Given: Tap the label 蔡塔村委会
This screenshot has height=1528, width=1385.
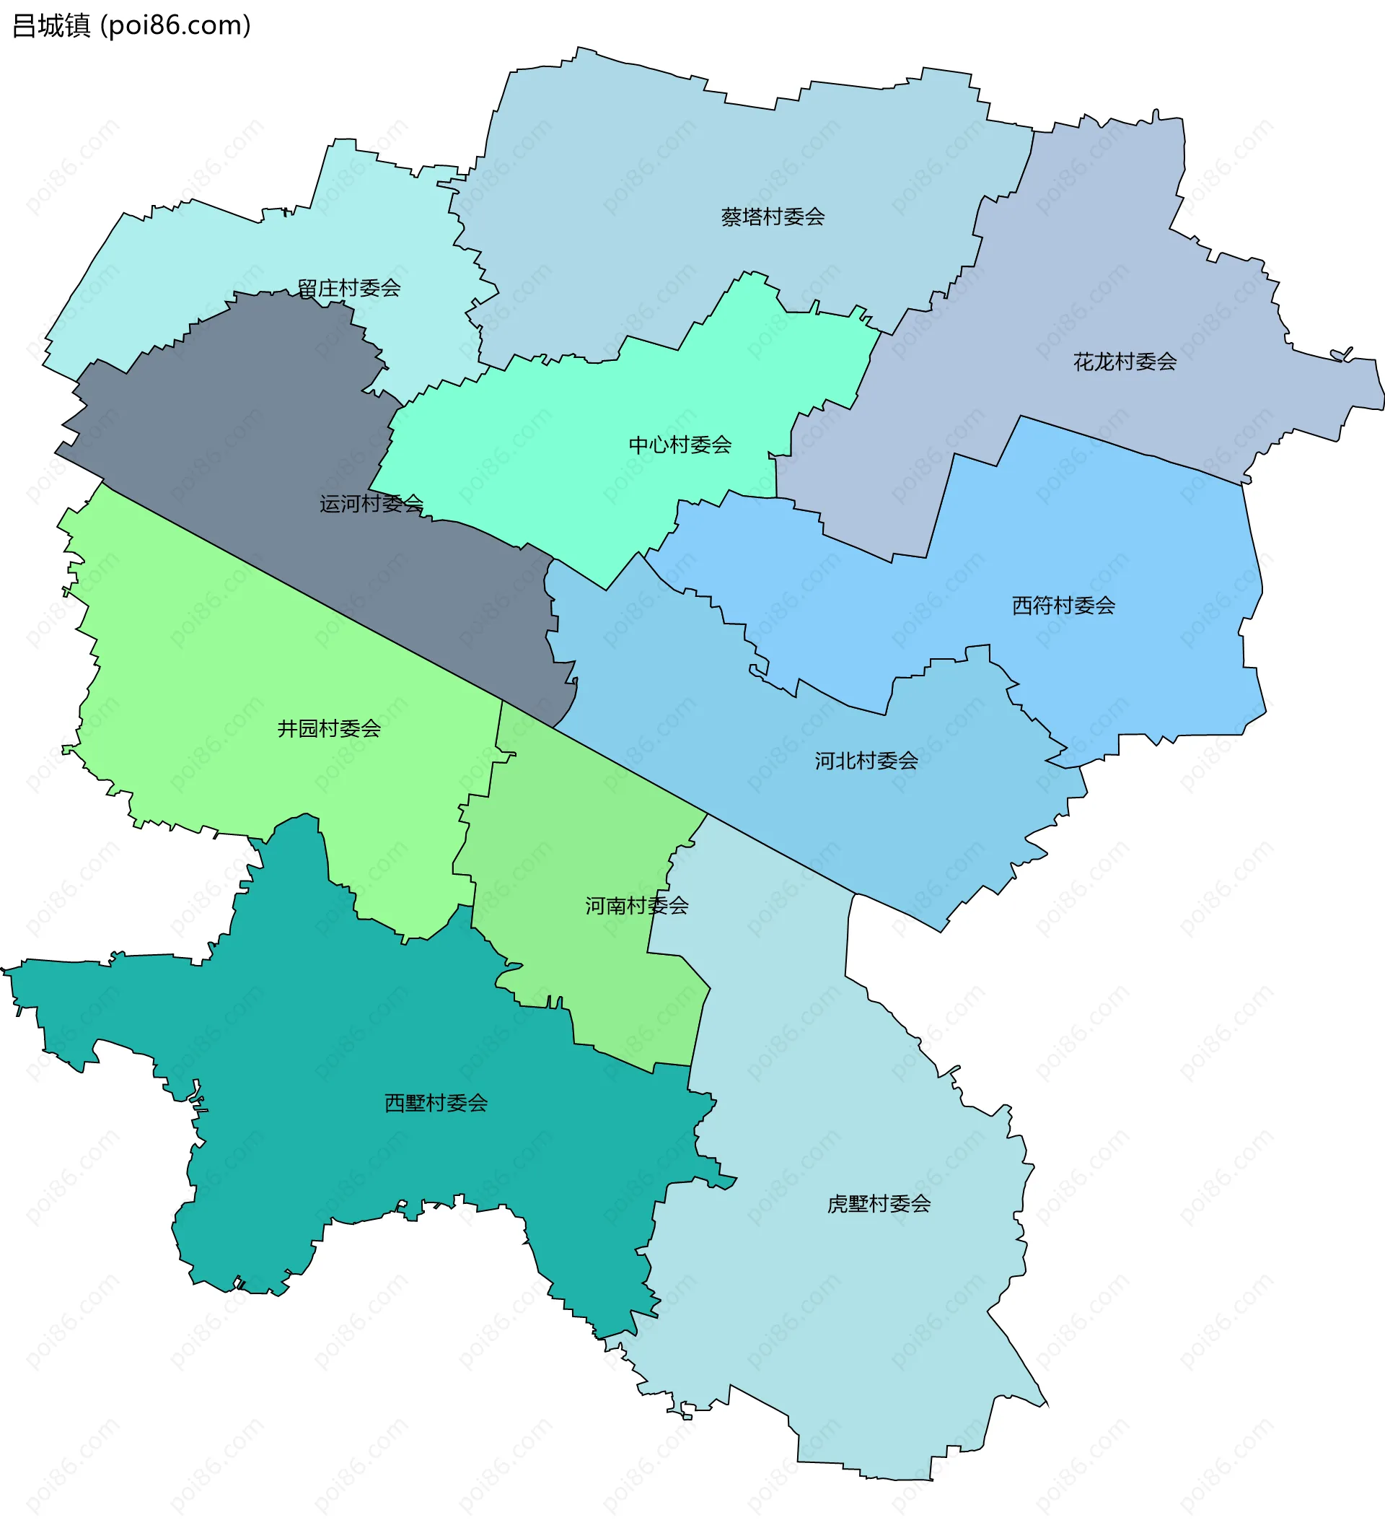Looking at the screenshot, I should pyautogui.click(x=772, y=217).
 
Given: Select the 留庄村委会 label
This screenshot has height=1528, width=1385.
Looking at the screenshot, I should pyautogui.click(x=348, y=288).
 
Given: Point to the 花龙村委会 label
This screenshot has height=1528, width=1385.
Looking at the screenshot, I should pyautogui.click(x=1125, y=362).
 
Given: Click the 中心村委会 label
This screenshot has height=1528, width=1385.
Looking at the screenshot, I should pyautogui.click(x=680, y=445).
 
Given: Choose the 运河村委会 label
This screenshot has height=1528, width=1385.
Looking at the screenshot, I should pyautogui.click(x=371, y=504).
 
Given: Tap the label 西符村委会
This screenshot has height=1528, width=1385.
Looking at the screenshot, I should pyautogui.click(x=1063, y=606).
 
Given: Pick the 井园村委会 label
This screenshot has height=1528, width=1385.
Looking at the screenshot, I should pyautogui.click(x=329, y=728).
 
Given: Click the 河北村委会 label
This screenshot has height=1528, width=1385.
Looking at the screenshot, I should pyautogui.click(x=866, y=761).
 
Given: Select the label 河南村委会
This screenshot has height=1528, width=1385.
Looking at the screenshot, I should pyautogui.click(x=636, y=906).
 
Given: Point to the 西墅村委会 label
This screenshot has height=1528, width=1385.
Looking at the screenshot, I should pyautogui.click(x=436, y=1103).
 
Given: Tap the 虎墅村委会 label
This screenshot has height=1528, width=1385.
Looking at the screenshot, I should pyautogui.click(x=878, y=1204).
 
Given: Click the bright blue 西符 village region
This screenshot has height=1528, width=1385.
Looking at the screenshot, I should pyautogui.click(x=1099, y=531).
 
